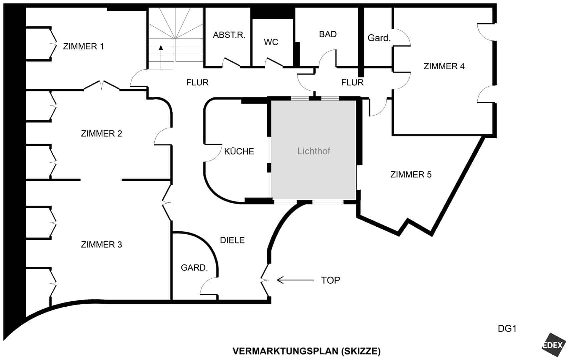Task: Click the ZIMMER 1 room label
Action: (83, 46)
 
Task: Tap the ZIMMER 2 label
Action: (101, 134)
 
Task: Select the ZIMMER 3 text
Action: (101, 244)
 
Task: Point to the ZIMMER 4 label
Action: (444, 66)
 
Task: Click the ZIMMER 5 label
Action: (411, 175)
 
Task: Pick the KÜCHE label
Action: (239, 151)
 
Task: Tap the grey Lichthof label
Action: (314, 151)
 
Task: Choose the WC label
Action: (271, 42)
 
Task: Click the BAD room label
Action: (328, 34)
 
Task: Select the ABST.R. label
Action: (229, 35)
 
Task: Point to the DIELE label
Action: (232, 240)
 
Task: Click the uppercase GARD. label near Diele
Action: (194, 268)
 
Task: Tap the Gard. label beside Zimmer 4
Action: (379, 38)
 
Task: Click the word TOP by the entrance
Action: (330, 280)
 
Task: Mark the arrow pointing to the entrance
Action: (295, 280)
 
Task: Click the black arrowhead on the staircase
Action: (161, 48)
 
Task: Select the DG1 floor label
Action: (507, 329)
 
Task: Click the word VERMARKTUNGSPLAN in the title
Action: (285, 351)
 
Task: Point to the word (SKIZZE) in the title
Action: (361, 351)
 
